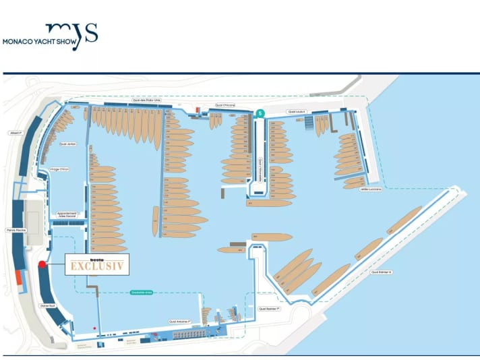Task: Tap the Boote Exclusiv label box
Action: coord(96,265)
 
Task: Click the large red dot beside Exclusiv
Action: coord(42,264)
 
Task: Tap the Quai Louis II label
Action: coord(296,111)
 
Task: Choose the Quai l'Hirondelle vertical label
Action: coord(260,167)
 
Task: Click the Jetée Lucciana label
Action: coord(370,189)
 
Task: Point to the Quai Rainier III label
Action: coord(381,272)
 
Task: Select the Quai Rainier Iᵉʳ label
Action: coord(268,309)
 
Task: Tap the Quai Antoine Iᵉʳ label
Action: coord(181,322)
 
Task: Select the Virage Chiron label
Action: coord(59,169)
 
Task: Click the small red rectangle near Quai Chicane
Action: coord(197,109)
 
